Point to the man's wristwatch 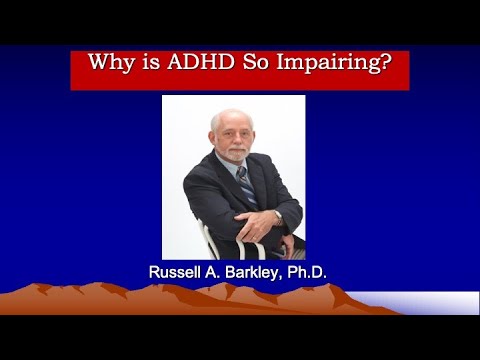277,216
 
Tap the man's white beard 231,152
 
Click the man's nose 231,136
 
